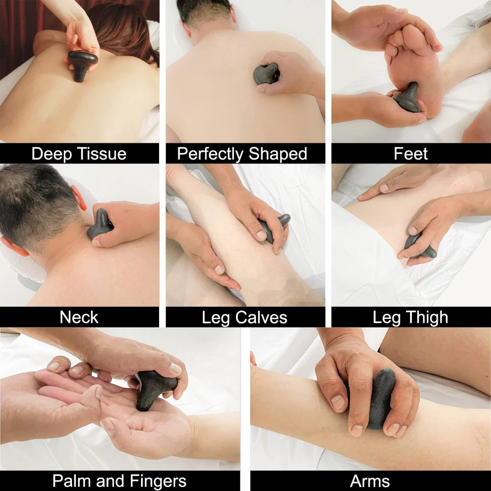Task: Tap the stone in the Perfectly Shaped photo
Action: (266, 74)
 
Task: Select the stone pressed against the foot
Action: (408, 98)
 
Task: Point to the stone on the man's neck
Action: (99, 225)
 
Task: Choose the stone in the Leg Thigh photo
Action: (419, 246)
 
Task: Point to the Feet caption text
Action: (410, 154)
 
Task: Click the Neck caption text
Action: (79, 317)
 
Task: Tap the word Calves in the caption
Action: (261, 317)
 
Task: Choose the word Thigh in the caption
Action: (427, 317)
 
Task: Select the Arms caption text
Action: (370, 480)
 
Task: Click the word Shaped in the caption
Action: (278, 154)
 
